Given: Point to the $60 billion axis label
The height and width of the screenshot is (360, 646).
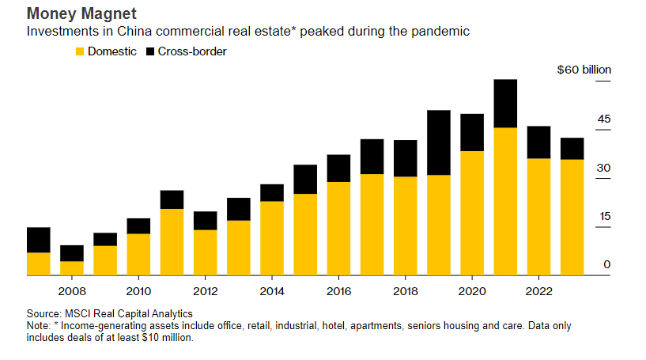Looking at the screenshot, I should click(x=584, y=70).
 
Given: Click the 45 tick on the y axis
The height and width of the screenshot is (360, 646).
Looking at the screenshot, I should click(x=604, y=119).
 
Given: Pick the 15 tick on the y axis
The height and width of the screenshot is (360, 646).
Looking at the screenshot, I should click(x=605, y=216).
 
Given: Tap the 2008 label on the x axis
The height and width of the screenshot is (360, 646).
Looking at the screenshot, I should click(x=72, y=290).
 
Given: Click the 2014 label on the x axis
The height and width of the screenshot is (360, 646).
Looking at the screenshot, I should click(x=271, y=290).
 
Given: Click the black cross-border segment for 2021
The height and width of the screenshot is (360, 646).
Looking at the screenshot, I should click(x=504, y=103).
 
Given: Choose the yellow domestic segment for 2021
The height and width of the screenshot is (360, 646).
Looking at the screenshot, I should click(x=504, y=201).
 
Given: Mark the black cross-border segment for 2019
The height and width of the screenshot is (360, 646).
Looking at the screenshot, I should click(x=438, y=142).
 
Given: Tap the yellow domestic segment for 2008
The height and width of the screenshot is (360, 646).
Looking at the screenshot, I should click(x=72, y=268).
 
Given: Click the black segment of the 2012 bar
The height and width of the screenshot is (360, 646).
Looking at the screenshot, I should click(x=205, y=221).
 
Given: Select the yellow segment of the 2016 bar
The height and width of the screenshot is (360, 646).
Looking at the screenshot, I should click(x=338, y=229).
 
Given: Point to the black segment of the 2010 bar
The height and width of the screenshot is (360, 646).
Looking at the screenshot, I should click(x=138, y=225).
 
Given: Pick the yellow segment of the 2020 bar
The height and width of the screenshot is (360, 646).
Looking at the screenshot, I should click(x=471, y=213).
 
